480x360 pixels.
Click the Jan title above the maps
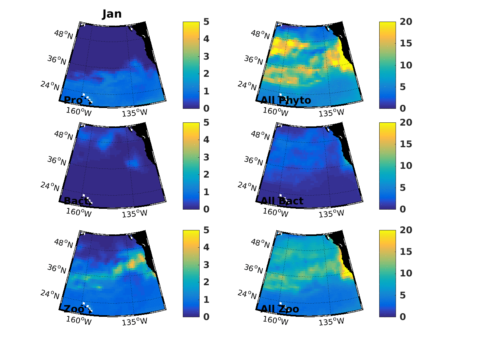tap(112, 14)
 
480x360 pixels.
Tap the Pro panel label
tap(73, 100)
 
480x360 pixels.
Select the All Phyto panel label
tap(286, 100)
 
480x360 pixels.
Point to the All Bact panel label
tap(282, 201)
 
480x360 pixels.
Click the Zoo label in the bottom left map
tap(74, 309)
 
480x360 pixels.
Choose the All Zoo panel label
tap(280, 309)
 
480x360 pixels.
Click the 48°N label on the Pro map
tap(64, 34)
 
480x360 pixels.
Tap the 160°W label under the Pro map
tap(79, 112)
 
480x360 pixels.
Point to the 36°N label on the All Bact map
tap(254, 160)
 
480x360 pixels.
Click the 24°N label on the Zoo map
tap(50, 294)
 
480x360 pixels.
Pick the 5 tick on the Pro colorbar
tap(206, 22)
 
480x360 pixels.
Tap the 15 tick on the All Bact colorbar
tap(405, 144)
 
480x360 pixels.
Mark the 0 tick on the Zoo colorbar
tap(206, 317)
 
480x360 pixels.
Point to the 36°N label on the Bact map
tap(57, 160)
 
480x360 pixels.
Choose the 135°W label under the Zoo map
tap(134, 321)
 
